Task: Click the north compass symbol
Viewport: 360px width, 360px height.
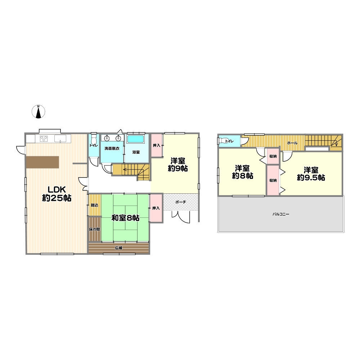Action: (39, 112)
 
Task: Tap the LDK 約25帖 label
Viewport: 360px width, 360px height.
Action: (57, 194)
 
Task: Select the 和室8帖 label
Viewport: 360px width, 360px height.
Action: (125, 218)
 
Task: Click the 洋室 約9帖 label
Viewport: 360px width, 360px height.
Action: (178, 165)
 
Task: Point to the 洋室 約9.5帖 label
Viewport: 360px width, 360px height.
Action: (311, 174)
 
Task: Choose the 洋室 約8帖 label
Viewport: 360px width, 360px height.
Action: (242, 172)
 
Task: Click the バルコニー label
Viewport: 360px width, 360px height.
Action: (281, 214)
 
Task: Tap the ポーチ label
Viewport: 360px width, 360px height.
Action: (181, 202)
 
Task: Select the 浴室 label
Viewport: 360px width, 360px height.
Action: (136, 152)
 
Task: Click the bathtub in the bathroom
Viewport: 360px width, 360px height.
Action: (135, 139)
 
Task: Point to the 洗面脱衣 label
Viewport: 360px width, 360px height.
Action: (112, 149)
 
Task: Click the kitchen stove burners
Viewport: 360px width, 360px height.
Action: (44, 139)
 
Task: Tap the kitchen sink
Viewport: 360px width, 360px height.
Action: (60, 139)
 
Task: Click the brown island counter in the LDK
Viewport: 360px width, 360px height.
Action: (42, 162)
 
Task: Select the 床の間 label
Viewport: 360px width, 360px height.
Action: (95, 229)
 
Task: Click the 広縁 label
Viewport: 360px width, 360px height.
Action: (119, 248)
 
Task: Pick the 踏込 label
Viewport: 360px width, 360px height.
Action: (95, 205)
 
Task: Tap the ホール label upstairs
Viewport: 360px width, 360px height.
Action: (292, 143)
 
